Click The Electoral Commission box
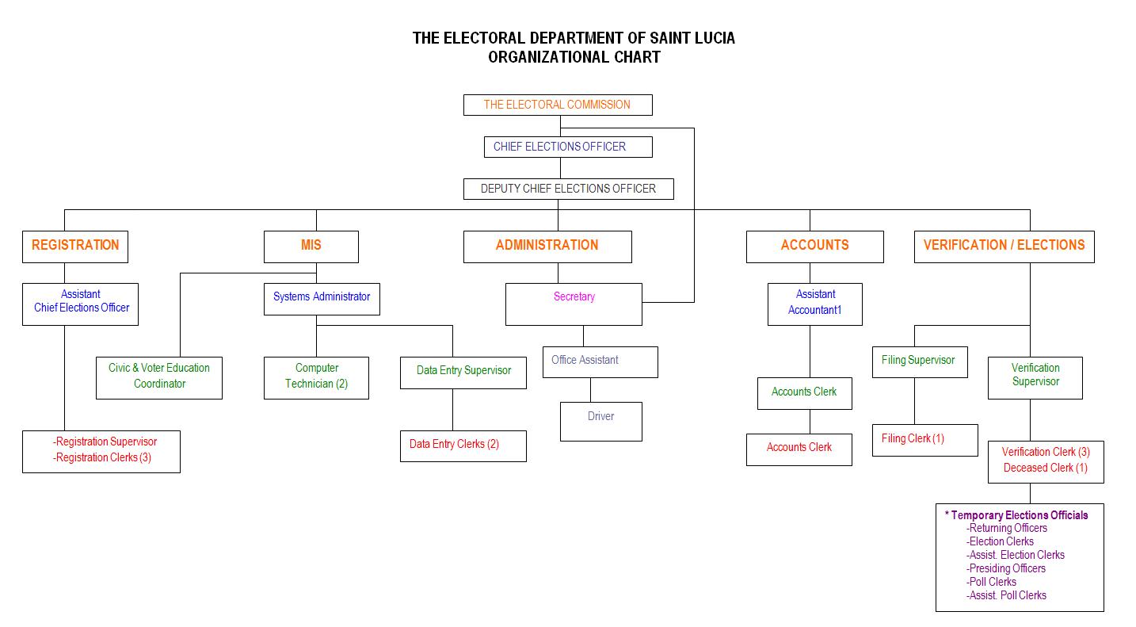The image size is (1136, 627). tap(558, 105)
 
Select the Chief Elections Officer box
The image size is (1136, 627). tap(568, 147)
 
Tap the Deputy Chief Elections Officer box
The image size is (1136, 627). tap(568, 189)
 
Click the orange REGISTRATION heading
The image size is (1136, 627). tap(75, 246)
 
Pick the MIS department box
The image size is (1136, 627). tap(311, 246)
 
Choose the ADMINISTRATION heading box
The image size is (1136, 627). tap(547, 246)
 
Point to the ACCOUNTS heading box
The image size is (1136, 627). tap(814, 246)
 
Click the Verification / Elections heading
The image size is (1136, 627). tap(1004, 246)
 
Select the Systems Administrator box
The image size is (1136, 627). tap(322, 297)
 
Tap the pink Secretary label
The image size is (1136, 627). tap(574, 297)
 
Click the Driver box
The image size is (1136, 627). tap(600, 420)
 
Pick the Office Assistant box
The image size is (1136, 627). tap(600, 361)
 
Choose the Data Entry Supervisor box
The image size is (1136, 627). tap(463, 371)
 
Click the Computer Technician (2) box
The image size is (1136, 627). tap(316, 377)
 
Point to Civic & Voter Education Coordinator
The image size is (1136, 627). tap(159, 377)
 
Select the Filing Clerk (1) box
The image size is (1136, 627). tap(924, 439)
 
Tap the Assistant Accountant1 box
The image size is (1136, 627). tap(815, 303)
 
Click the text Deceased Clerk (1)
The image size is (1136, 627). tap(1045, 468)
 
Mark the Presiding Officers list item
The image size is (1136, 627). tap(1007, 568)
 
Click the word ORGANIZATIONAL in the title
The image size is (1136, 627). tap(548, 57)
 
